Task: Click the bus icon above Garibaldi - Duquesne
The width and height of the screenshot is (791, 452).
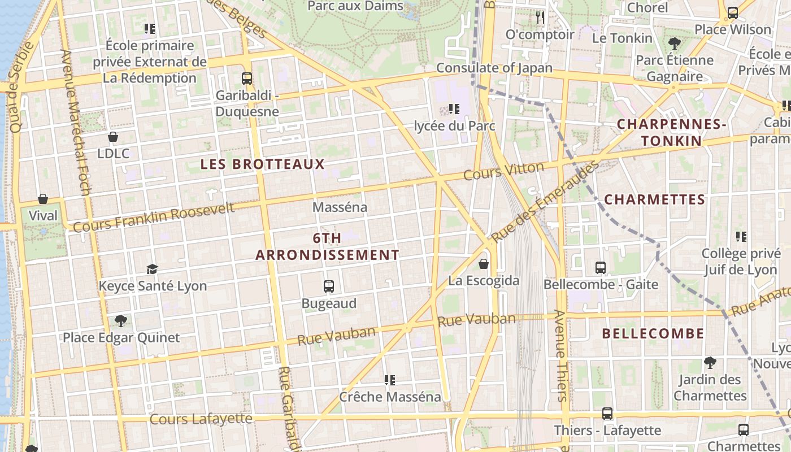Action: pos(247,79)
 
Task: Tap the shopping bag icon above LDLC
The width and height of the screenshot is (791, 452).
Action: pos(113,137)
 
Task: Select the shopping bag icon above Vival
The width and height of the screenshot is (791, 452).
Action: pos(43,199)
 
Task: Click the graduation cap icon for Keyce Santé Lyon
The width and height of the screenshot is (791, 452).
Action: pos(152,269)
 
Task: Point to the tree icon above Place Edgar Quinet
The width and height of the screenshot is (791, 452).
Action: pos(120,321)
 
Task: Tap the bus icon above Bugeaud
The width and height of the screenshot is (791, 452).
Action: pos(329,286)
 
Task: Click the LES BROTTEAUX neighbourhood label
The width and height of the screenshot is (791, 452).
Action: pos(263,164)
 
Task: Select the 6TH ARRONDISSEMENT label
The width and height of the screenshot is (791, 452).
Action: pos(327,247)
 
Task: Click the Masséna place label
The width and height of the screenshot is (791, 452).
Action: pos(340,207)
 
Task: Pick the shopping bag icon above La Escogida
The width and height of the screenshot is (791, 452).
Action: pos(484,264)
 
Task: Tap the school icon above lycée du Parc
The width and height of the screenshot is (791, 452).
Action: pos(454,108)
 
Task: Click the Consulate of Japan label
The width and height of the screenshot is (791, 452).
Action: pos(494,68)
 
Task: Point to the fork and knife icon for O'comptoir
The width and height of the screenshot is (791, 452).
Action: pos(540,18)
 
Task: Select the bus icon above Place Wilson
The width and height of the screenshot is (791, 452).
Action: pos(732,12)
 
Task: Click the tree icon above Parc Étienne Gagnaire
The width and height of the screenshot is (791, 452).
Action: pos(674,43)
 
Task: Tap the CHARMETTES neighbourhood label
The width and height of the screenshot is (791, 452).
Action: pos(655,199)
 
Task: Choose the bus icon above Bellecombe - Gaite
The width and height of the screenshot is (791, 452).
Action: pos(601,268)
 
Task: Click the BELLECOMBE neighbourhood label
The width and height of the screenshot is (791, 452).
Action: pos(653,333)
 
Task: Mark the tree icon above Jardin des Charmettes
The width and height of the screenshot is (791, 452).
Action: pos(710,363)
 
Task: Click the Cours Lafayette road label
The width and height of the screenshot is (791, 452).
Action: pos(201,419)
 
